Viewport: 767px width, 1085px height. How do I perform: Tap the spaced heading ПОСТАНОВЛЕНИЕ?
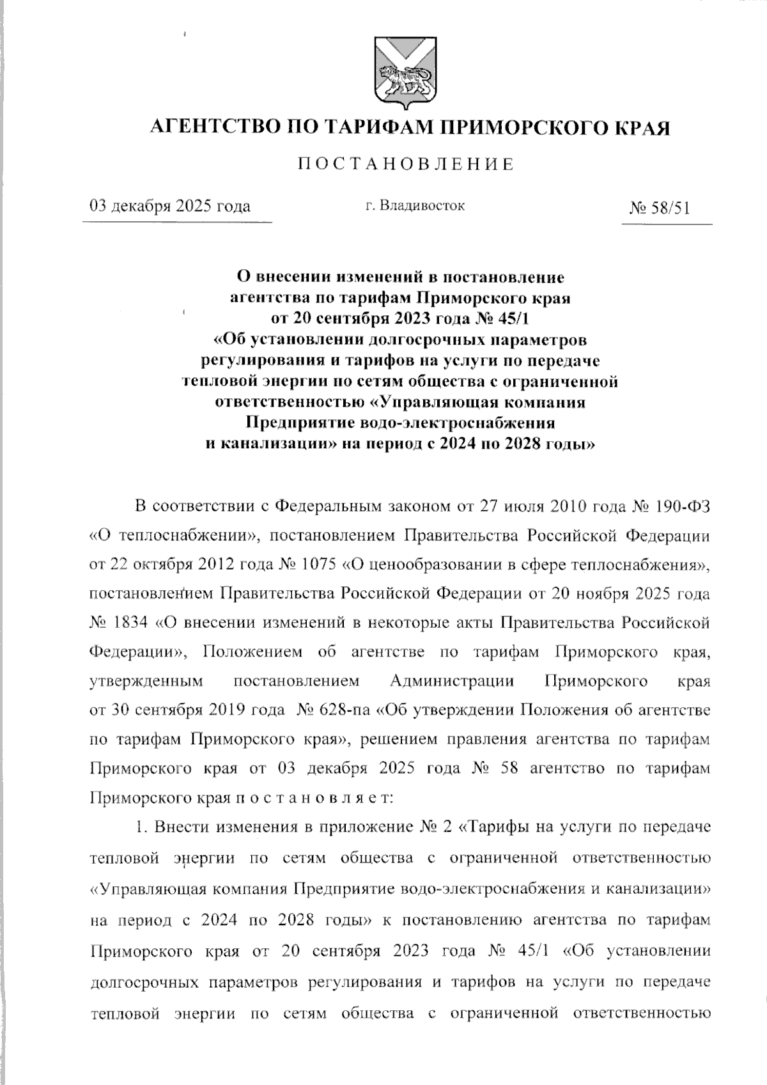click(407, 165)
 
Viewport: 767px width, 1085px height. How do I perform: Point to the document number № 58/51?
click(660, 208)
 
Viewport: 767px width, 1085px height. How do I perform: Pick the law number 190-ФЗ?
click(683, 506)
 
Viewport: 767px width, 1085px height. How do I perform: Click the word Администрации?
click(452, 681)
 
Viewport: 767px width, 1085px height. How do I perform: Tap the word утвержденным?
click(146, 681)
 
